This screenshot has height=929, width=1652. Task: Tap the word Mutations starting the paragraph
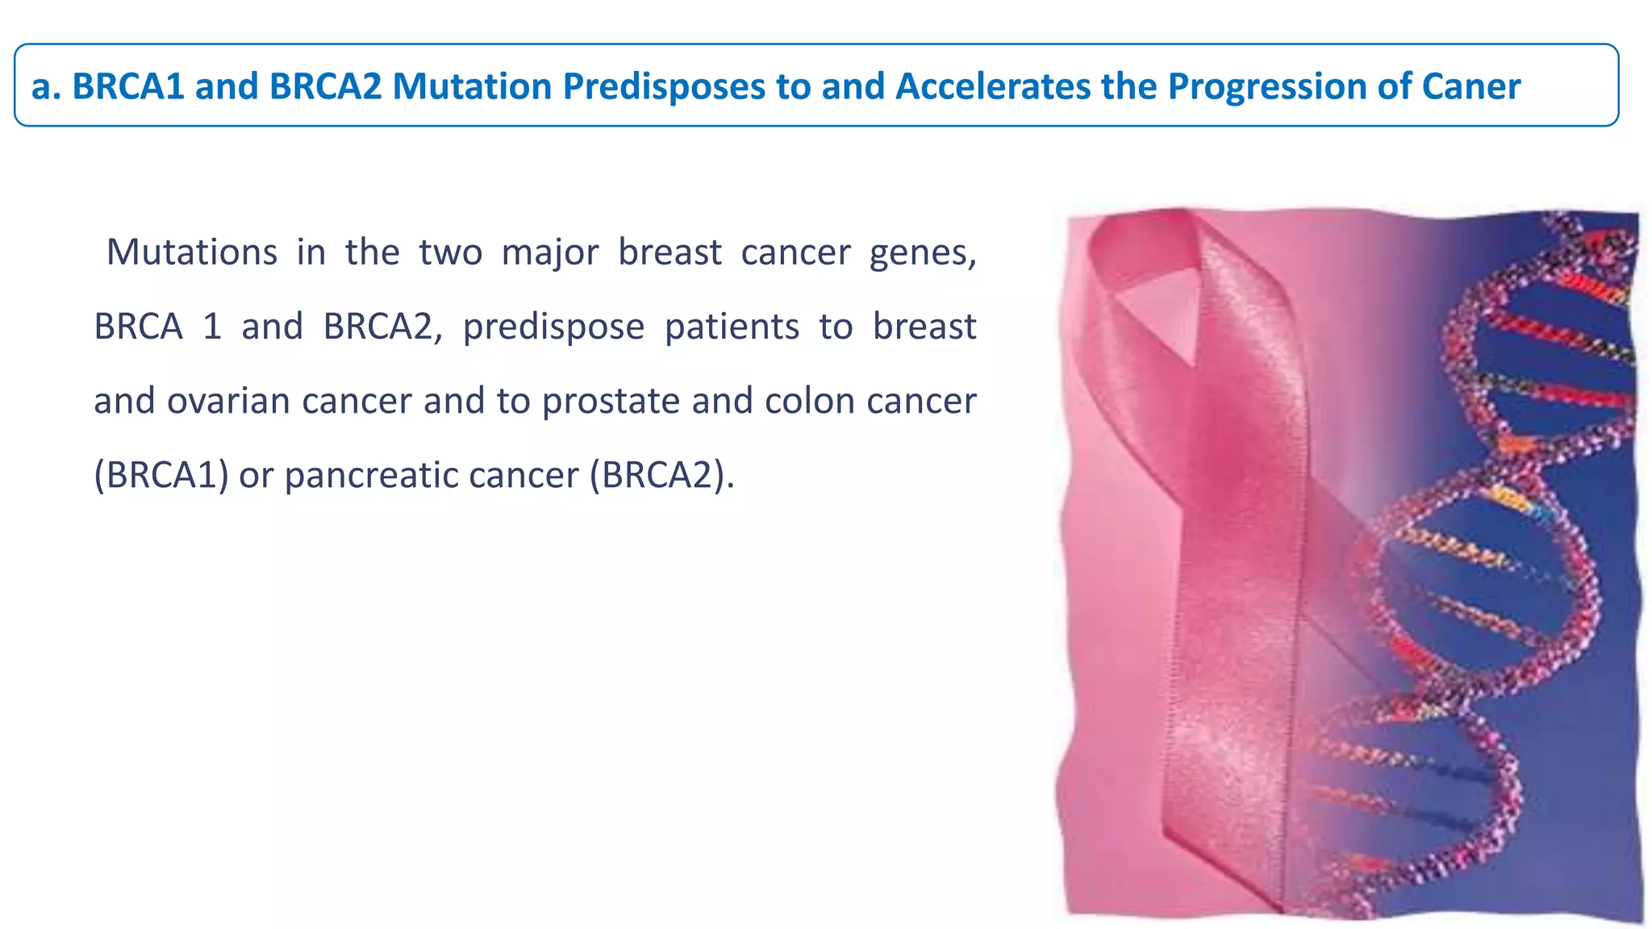[x=192, y=252]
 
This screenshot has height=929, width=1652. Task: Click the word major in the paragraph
[x=549, y=253]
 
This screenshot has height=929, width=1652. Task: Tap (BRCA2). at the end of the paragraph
[x=661, y=476]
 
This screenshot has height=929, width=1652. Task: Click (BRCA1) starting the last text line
[x=161, y=476]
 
